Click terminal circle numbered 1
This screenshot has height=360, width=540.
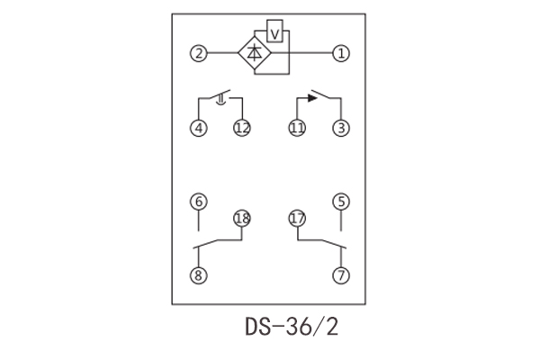click(x=340, y=53)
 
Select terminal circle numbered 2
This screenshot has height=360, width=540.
click(x=198, y=53)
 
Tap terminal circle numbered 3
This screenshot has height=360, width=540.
click(x=340, y=128)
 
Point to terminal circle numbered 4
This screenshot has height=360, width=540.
click(x=198, y=128)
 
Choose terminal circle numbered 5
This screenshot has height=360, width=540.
click(x=340, y=202)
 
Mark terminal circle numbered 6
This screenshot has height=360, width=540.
click(x=198, y=202)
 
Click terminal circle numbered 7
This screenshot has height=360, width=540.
click(x=340, y=275)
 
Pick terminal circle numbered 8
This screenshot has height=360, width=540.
click(x=198, y=275)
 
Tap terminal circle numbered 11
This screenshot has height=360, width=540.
click(x=297, y=128)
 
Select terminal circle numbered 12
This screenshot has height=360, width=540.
click(x=241, y=128)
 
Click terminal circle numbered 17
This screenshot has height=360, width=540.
click(x=297, y=218)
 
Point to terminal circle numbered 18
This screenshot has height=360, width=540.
click(x=241, y=218)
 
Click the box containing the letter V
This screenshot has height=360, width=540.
click(x=276, y=34)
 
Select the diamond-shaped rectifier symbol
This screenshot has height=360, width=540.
click(x=255, y=53)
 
